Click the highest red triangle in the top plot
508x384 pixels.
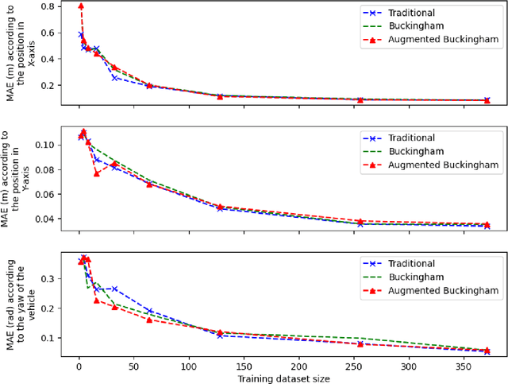coord(81,6)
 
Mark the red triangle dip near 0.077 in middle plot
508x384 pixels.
coord(97,173)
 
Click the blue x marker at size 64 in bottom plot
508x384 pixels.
coord(149,311)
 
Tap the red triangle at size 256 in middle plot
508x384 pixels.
coord(360,221)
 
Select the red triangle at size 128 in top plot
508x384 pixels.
coord(220,96)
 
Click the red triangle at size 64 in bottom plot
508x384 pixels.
coord(149,320)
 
